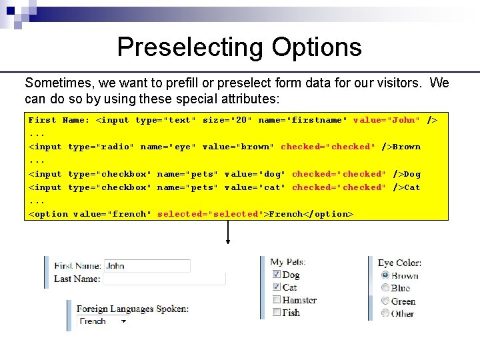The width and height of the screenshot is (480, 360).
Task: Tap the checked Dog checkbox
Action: (277, 275)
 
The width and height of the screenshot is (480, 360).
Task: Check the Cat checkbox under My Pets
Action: (277, 287)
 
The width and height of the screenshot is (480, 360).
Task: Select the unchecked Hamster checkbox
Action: (277, 300)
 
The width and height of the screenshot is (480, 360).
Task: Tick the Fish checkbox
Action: (277, 313)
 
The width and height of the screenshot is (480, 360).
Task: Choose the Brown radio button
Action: (385, 275)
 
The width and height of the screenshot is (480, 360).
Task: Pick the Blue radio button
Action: (385, 288)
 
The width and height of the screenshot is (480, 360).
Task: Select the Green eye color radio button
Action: (385, 301)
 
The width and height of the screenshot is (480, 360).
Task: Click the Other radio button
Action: (385, 313)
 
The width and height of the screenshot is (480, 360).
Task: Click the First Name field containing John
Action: (147, 266)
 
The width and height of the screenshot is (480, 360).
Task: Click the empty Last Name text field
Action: (163, 279)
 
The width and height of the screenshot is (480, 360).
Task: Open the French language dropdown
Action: (103, 321)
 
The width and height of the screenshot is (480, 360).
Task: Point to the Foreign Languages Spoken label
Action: (132, 309)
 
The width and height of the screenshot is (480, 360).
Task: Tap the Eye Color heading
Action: (399, 263)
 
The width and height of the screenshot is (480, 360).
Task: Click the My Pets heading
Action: (286, 262)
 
